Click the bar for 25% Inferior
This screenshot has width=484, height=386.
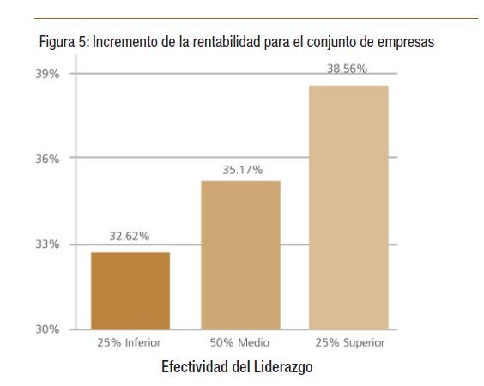(130, 291)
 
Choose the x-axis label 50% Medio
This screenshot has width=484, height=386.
(240, 343)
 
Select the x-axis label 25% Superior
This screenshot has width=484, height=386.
(349, 343)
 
